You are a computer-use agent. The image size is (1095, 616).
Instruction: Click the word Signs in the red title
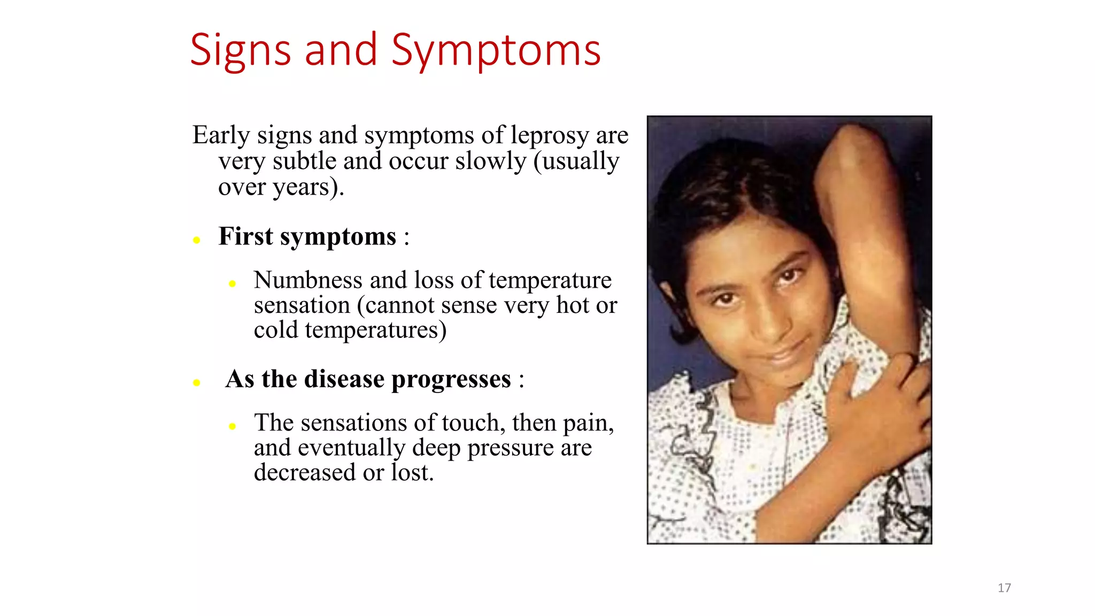(240, 51)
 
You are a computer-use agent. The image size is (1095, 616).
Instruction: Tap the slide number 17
(1004, 588)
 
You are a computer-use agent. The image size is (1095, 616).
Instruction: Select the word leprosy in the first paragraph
(549, 136)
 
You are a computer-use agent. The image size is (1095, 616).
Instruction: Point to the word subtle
(304, 161)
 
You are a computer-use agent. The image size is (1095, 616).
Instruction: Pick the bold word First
(245, 236)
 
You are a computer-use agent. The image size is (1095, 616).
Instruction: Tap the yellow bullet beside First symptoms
(197, 240)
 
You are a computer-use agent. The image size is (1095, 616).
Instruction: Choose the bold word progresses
(451, 380)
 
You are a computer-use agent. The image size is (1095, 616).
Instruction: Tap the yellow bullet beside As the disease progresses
(197, 382)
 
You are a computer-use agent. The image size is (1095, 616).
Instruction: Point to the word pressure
(510, 448)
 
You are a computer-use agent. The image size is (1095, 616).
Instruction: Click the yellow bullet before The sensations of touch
(232, 426)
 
